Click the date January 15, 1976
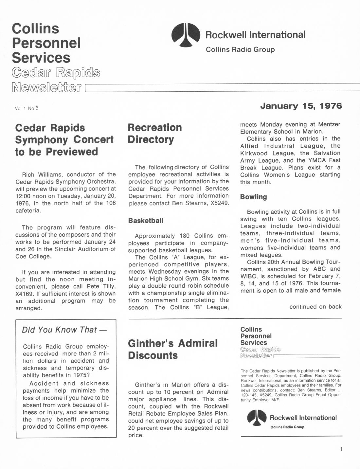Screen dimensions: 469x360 [x=301, y=106]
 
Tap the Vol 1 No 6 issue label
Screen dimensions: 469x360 [x=27, y=108]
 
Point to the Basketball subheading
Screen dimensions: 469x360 [x=146, y=221]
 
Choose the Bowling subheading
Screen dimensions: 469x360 [x=253, y=197]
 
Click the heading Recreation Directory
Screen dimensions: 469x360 [x=154, y=133]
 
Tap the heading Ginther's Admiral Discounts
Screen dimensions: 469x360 [x=172, y=349]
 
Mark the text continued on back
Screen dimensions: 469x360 [x=315, y=307]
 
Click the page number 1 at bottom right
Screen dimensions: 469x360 [x=341, y=449]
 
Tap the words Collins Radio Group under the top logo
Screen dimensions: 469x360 [x=240, y=50]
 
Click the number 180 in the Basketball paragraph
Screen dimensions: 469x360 [x=185, y=236]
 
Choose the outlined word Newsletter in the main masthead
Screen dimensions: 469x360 [x=46, y=87]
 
